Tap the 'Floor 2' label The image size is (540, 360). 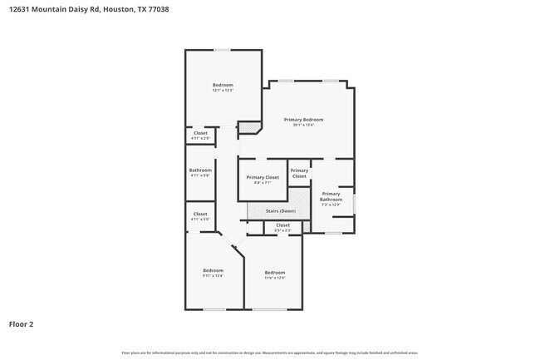point(22,323)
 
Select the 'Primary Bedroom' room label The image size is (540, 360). point(303,120)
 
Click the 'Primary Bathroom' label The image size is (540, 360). point(331,196)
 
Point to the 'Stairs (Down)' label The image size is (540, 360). point(280,211)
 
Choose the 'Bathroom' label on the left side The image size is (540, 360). point(200,170)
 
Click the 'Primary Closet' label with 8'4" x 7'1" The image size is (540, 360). point(263,177)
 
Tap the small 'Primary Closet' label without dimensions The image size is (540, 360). point(299,174)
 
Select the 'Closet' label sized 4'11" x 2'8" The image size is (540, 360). point(200,133)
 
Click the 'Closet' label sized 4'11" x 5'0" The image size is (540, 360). point(200,214)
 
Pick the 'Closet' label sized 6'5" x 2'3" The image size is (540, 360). point(282,224)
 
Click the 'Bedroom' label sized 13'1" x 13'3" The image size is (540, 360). point(223,85)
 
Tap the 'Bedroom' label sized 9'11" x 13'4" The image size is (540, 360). point(214,270)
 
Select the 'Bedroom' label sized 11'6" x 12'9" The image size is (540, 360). point(275,273)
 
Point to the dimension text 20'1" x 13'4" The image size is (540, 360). point(303,126)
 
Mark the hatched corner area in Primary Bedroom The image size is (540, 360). point(248,128)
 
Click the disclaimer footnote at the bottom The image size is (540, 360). point(270,353)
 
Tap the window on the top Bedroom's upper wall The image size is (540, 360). point(222,50)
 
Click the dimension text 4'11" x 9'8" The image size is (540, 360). point(200,176)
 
